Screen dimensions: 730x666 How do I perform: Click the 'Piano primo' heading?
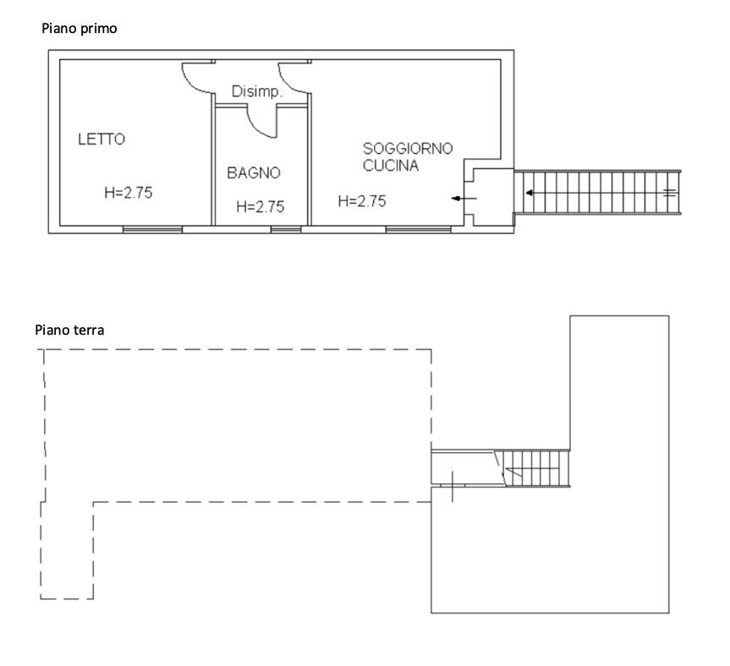pos(80,29)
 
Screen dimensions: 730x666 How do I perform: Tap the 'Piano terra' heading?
pos(69,330)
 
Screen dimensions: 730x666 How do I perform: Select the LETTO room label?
pos(102,139)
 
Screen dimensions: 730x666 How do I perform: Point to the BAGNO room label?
pos(254,173)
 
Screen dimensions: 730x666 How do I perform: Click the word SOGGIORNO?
pos(408,149)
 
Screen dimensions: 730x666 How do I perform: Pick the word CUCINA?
pos(391,166)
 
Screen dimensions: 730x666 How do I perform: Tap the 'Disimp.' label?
pos(257,91)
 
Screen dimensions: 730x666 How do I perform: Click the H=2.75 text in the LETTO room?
pos(129,193)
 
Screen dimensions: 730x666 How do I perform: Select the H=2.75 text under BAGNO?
pos(261,206)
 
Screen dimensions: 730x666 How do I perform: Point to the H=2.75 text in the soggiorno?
pos(362,201)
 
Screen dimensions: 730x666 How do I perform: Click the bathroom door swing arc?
pos(261,122)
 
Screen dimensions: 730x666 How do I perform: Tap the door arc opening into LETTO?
pos(198,78)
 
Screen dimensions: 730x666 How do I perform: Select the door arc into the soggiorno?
pos(294,78)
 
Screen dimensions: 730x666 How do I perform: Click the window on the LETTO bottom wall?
pos(152,229)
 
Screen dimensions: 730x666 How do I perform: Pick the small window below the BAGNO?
pos(286,229)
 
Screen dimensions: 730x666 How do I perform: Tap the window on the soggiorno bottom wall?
pos(418,229)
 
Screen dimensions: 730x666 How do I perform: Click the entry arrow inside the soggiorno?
pos(464,199)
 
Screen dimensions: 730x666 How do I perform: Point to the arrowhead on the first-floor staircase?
pos(530,193)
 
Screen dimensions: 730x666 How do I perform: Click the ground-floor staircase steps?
pos(536,469)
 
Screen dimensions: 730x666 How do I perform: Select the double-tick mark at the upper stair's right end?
pos(669,192)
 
